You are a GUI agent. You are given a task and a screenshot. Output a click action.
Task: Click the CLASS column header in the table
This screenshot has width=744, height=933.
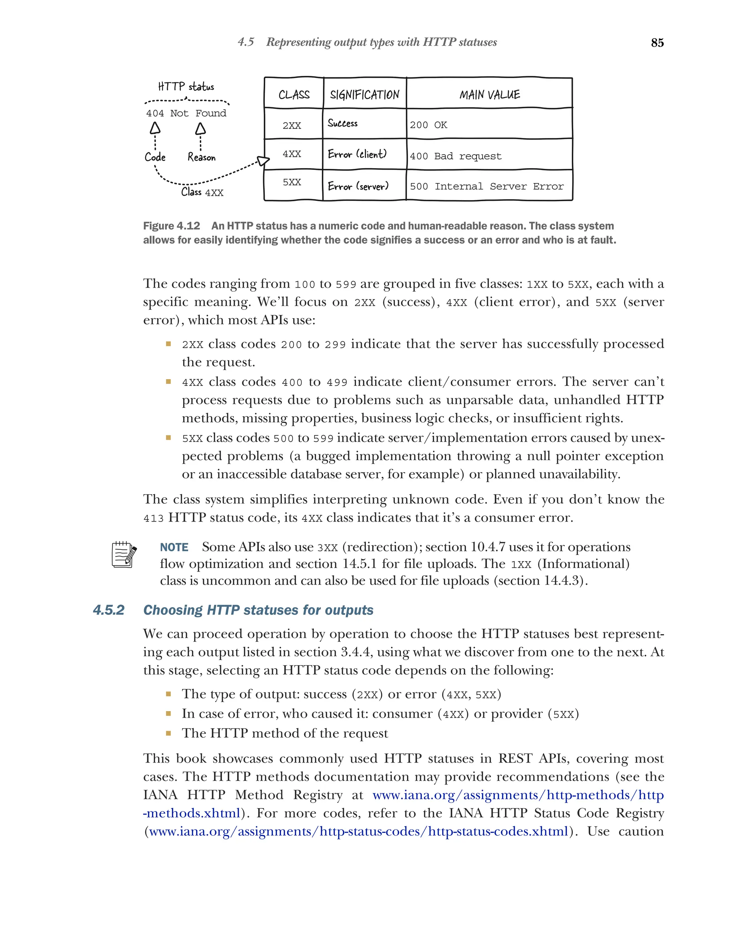click(x=294, y=94)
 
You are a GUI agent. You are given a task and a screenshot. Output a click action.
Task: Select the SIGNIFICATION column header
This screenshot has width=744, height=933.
click(x=364, y=94)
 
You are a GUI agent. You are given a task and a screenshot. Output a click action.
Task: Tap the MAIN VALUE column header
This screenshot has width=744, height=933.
click(x=489, y=94)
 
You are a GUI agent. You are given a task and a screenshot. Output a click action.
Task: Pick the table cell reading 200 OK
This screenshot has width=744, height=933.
click(x=428, y=125)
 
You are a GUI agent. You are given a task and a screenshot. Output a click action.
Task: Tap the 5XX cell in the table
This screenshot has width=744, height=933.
click(x=292, y=182)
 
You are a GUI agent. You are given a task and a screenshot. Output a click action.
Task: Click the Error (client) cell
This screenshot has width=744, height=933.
click(x=357, y=154)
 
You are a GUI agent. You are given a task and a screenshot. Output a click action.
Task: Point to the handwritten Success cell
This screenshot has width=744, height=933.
click(x=342, y=123)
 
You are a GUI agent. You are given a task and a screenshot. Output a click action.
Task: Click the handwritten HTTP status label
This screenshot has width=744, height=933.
click(x=186, y=86)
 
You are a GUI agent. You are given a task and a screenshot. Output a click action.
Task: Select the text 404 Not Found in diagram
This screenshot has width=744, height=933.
click(x=186, y=113)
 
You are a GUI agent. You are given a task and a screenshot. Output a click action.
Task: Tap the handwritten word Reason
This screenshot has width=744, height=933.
click(x=201, y=157)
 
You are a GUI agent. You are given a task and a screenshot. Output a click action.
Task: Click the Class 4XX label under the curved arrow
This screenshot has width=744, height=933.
click(x=202, y=192)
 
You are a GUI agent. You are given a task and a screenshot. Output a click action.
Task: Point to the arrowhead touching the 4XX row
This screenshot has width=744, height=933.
click(x=263, y=161)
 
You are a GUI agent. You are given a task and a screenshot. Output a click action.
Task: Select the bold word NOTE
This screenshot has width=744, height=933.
click(x=174, y=547)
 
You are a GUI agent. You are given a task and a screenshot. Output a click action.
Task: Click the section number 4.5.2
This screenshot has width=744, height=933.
click(x=109, y=610)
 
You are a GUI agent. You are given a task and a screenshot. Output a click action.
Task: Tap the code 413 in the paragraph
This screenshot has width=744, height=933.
click(x=154, y=518)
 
